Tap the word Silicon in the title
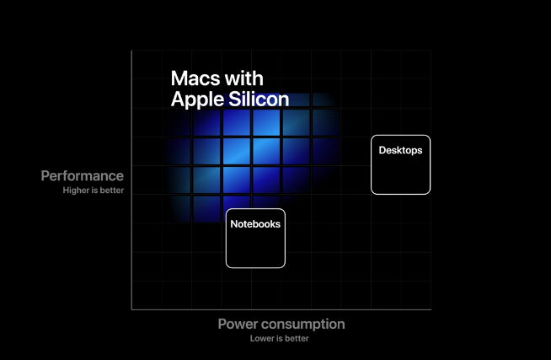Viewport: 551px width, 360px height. click(x=259, y=99)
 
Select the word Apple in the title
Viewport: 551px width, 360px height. click(x=197, y=100)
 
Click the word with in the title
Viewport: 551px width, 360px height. click(x=244, y=78)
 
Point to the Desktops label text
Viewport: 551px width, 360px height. click(x=400, y=150)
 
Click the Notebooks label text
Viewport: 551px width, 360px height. click(x=255, y=224)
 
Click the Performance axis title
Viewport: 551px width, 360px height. click(x=83, y=175)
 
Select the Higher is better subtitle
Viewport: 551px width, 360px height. click(x=94, y=191)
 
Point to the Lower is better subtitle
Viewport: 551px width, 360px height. click(x=280, y=339)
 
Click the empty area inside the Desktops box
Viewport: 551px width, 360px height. click(x=400, y=174)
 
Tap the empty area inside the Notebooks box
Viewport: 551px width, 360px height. click(x=255, y=248)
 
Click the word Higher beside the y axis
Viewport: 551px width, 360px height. click(x=76, y=191)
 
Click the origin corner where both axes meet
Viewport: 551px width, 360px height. click(x=131, y=309)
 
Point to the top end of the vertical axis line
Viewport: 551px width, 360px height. click(x=131, y=51)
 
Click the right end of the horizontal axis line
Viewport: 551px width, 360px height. click(x=431, y=309)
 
